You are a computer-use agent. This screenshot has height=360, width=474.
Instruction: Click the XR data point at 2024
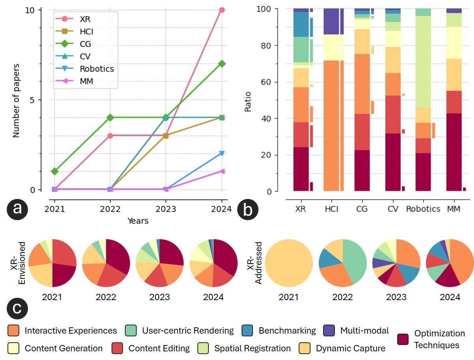click(x=222, y=10)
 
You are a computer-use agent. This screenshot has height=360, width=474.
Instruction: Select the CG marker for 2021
click(x=54, y=171)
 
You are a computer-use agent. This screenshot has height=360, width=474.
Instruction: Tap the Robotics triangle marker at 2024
click(x=222, y=153)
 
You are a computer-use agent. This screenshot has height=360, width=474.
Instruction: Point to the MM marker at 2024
click(x=222, y=171)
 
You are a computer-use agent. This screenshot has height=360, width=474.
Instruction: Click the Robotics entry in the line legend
click(x=97, y=69)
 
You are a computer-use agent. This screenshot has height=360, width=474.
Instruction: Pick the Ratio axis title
click(x=248, y=102)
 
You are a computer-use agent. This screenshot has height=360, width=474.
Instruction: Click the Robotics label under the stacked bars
click(x=423, y=209)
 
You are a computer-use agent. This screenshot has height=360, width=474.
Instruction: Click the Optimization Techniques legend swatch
click(x=402, y=339)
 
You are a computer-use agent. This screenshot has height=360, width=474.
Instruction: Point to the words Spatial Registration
click(x=252, y=349)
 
